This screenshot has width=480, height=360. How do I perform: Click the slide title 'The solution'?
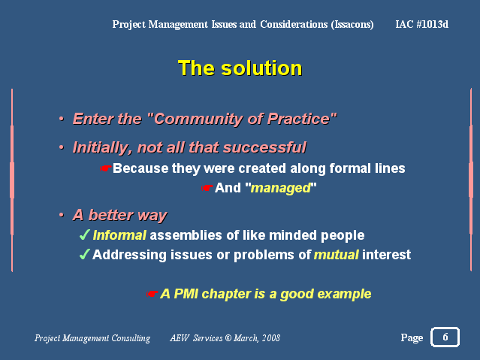coord(240,68)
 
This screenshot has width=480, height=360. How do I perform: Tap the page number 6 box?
coord(445,337)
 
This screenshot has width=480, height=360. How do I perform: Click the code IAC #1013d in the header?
coord(422,24)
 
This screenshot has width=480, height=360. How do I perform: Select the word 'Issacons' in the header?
coord(352,25)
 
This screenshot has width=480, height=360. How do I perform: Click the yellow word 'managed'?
coord(281,188)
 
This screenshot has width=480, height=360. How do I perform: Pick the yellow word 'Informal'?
coord(119,235)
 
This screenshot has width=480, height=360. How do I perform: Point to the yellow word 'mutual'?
coord(337,255)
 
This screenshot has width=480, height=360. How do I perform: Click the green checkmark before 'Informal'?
coord(84,235)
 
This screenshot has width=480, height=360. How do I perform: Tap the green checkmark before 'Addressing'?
coord(84,254)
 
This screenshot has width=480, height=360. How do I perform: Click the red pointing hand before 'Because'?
coord(105,168)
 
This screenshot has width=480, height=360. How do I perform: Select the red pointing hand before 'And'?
coord(207,188)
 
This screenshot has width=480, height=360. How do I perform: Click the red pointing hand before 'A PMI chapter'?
coord(152,294)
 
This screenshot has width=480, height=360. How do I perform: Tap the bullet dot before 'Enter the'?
coord(62,119)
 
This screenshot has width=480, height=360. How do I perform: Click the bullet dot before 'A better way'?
coord(62,215)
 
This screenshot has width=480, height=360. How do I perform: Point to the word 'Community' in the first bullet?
coord(196,119)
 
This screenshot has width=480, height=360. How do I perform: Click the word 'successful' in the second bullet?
coord(264,147)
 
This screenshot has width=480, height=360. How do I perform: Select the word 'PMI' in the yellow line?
coord(186,294)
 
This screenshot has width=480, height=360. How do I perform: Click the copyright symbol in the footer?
coord(228,337)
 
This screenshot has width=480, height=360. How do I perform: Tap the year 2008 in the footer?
coord(271,337)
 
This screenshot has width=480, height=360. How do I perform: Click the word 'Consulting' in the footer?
coord(131,338)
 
